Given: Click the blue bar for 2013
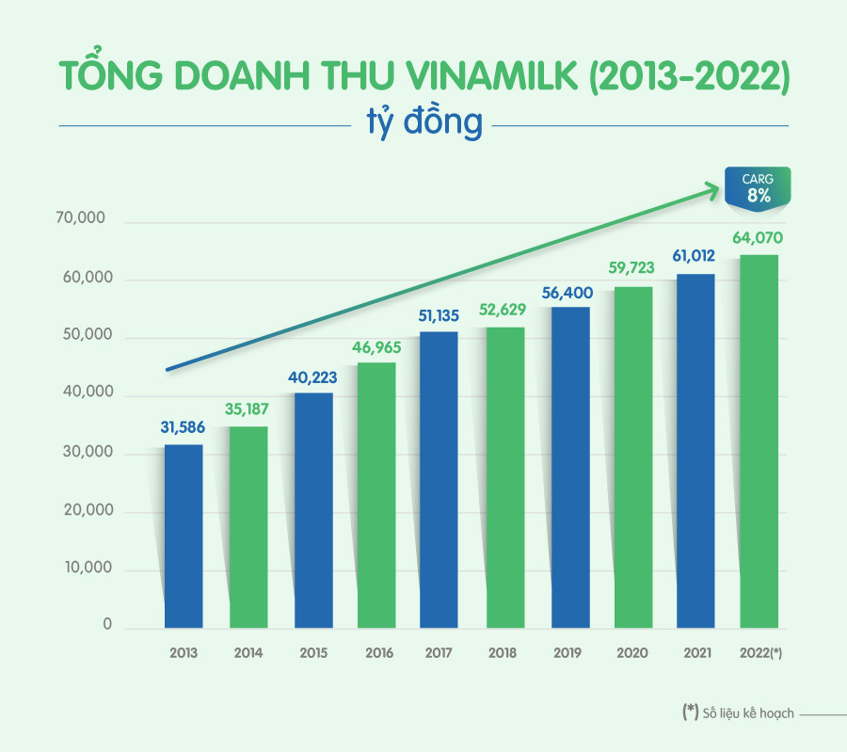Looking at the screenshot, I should [184, 536].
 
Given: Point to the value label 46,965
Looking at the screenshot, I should [376, 347].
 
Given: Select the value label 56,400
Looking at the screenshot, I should [567, 292].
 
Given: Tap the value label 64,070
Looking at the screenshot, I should [758, 238].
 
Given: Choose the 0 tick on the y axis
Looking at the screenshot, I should [107, 625].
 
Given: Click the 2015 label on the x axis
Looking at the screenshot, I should [312, 653].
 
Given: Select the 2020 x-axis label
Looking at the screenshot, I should [632, 653].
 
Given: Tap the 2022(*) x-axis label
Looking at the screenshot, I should [759, 653].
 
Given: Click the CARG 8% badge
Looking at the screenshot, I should [758, 187].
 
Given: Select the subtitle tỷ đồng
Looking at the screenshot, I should [423, 123].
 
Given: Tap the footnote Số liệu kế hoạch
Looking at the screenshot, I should [748, 713].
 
